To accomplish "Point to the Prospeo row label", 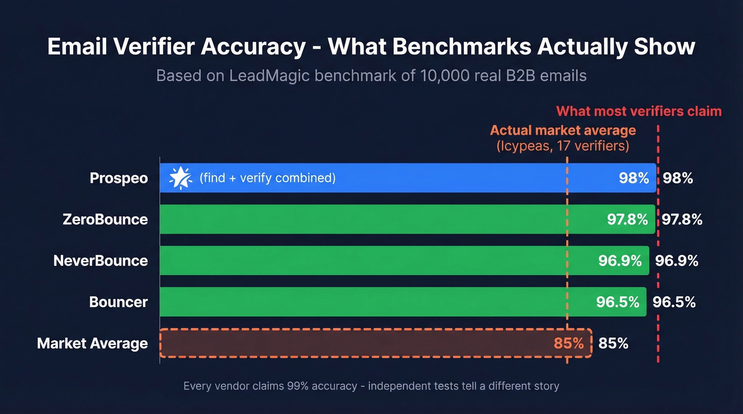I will (119, 178).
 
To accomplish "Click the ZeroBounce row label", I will (105, 219).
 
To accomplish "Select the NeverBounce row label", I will (101, 260).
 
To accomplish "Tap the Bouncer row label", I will (118, 302).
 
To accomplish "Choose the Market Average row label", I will (92, 343).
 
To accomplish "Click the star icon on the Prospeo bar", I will (180, 178).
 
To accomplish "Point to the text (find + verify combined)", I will (267, 178).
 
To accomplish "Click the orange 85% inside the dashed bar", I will (568, 343).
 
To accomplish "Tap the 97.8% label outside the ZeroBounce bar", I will (682, 219).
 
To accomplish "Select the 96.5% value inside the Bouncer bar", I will (617, 302).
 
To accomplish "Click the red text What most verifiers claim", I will (638, 111).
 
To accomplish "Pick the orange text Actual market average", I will (563, 130).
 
